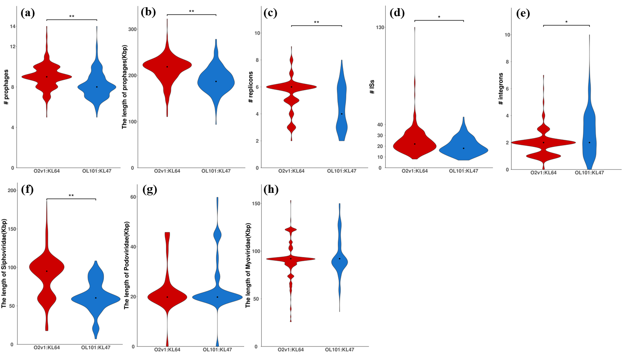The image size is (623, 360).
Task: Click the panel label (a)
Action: [27, 13]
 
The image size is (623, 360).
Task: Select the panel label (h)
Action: [271, 189]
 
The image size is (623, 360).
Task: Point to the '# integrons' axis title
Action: [501, 89]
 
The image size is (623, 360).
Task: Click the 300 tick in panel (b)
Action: [132, 30]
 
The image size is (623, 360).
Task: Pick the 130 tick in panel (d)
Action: [380, 27]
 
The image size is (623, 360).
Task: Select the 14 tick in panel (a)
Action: [13, 27]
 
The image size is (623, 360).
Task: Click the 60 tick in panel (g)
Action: [133, 197]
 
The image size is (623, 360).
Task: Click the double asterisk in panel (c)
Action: [316, 23]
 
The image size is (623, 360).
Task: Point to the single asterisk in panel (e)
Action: [566, 22]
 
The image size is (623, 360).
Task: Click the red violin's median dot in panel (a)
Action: [47, 77]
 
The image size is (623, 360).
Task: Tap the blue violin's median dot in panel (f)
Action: [96, 298]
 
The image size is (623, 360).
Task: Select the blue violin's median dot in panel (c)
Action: [342, 114]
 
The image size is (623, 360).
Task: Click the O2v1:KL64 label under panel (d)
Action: [414, 171]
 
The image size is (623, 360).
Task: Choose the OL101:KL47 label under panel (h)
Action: [340, 350]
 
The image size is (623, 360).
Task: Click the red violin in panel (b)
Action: [167, 68]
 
